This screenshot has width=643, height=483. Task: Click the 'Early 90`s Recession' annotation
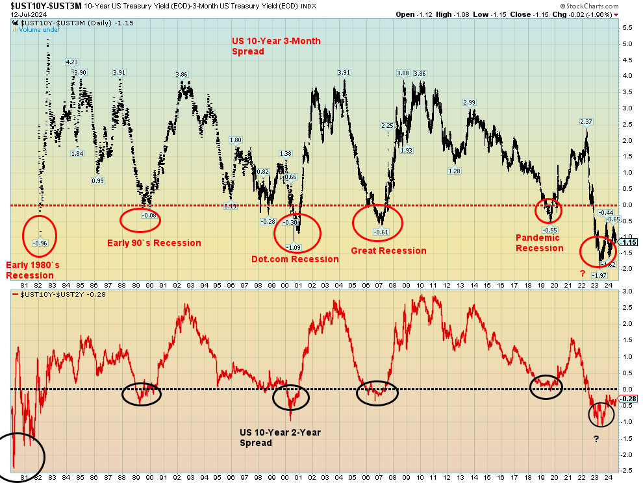(154, 243)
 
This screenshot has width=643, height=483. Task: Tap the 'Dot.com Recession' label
(295, 259)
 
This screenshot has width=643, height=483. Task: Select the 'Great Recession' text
(388, 251)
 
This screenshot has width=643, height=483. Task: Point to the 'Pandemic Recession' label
(539, 243)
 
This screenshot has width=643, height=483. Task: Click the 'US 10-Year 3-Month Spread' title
(276, 46)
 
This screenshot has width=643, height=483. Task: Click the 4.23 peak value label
(71, 62)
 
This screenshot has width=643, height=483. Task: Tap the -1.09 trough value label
(294, 247)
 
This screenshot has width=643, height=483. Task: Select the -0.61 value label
(381, 232)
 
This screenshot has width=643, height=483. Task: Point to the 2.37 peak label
(586, 122)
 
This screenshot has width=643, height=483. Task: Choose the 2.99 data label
(470, 103)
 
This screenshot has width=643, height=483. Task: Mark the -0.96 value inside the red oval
(40, 243)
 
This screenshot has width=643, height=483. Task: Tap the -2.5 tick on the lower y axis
(627, 472)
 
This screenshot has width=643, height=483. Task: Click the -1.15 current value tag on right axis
(629, 241)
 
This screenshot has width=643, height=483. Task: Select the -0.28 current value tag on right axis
(629, 399)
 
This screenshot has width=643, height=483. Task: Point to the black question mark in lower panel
(596, 439)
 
